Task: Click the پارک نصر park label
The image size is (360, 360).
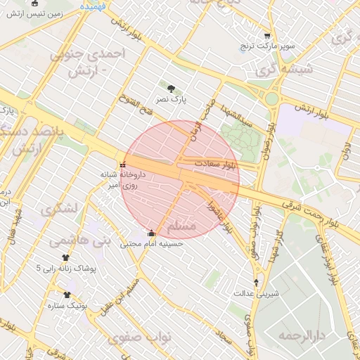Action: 172,101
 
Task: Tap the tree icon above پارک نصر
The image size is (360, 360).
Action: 172,88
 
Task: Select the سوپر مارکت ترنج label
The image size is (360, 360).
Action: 266,46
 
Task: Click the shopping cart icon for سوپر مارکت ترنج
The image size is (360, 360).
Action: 266,35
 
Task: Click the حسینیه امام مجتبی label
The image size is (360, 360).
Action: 151,244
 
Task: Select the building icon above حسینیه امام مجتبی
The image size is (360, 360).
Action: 151,233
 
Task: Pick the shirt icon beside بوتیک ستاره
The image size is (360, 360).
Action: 67,295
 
